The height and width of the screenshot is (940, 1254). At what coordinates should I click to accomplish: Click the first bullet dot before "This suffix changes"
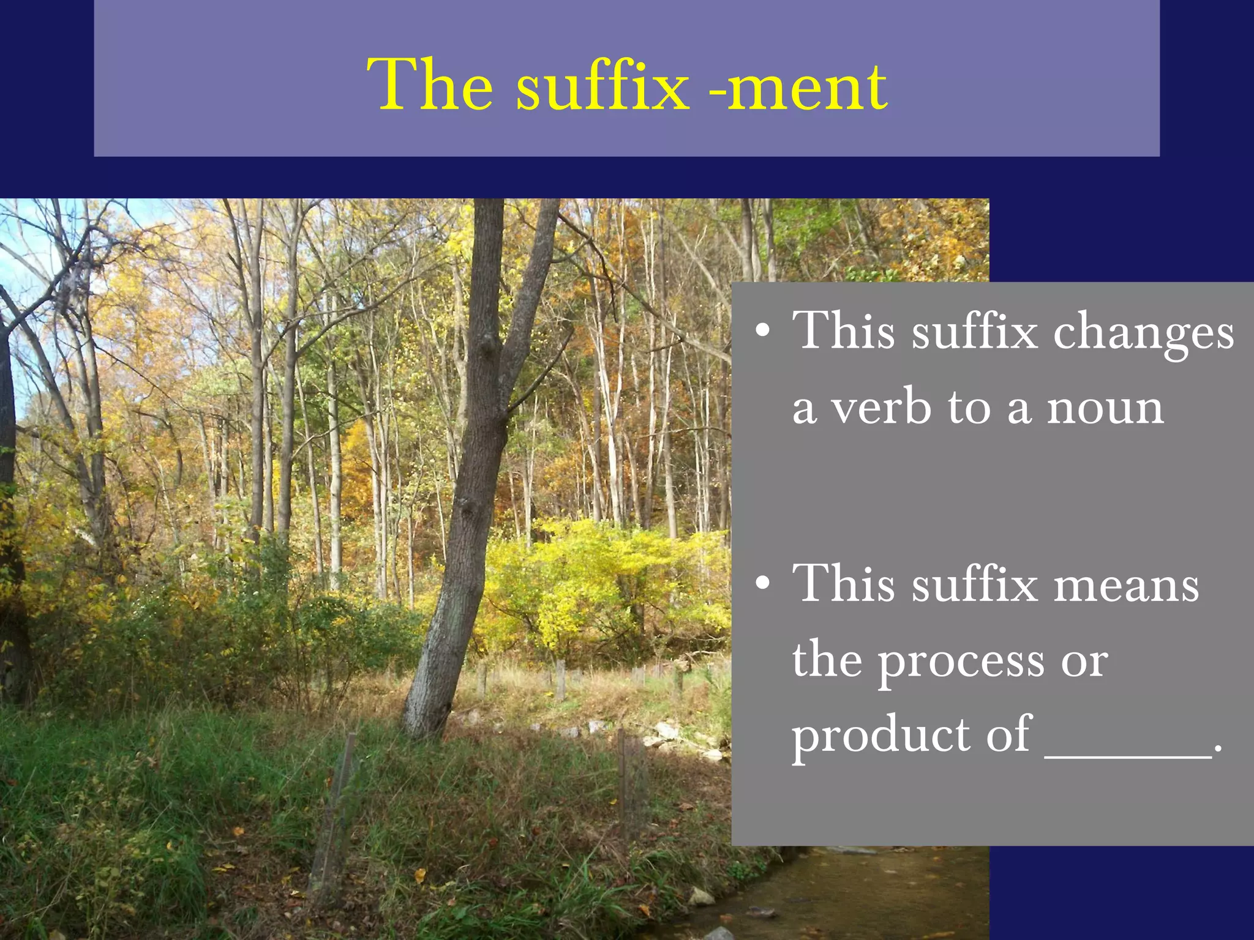coord(762,331)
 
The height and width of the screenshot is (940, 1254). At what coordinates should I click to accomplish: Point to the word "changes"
coord(1143,334)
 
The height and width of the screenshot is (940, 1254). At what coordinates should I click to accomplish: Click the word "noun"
coord(1105,408)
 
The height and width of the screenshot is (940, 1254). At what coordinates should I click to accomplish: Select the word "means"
coord(1126,586)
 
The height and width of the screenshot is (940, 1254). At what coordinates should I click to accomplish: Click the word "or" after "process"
coord(1084,663)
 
